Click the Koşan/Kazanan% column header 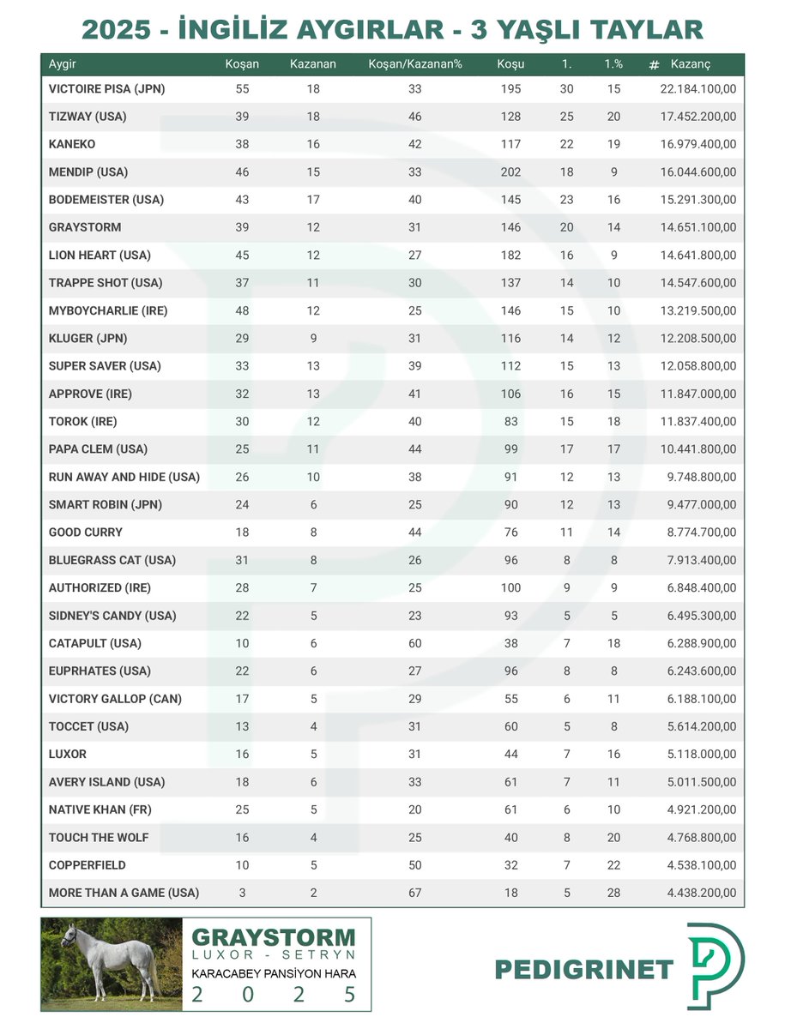tap(414, 64)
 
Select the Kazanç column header tap(691, 64)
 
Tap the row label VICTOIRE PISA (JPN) tap(106, 88)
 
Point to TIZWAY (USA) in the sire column tap(88, 117)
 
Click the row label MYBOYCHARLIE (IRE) tap(108, 310)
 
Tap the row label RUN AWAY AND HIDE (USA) tap(124, 477)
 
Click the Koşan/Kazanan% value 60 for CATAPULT tap(414, 643)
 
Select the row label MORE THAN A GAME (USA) tap(124, 893)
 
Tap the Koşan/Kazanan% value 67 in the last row tap(414, 893)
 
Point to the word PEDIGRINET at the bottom tap(584, 970)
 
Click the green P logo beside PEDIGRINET tap(716, 966)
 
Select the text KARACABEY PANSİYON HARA tap(273, 974)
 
